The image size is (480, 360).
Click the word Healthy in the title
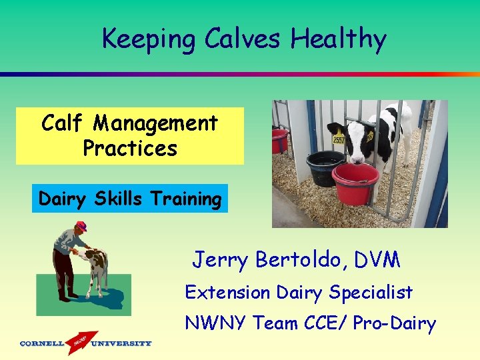[338, 40]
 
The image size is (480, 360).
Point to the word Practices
[130, 148]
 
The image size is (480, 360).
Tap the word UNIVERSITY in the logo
[121, 344]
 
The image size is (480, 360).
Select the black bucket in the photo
[325, 167]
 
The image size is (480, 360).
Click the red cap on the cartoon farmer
[81, 225]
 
